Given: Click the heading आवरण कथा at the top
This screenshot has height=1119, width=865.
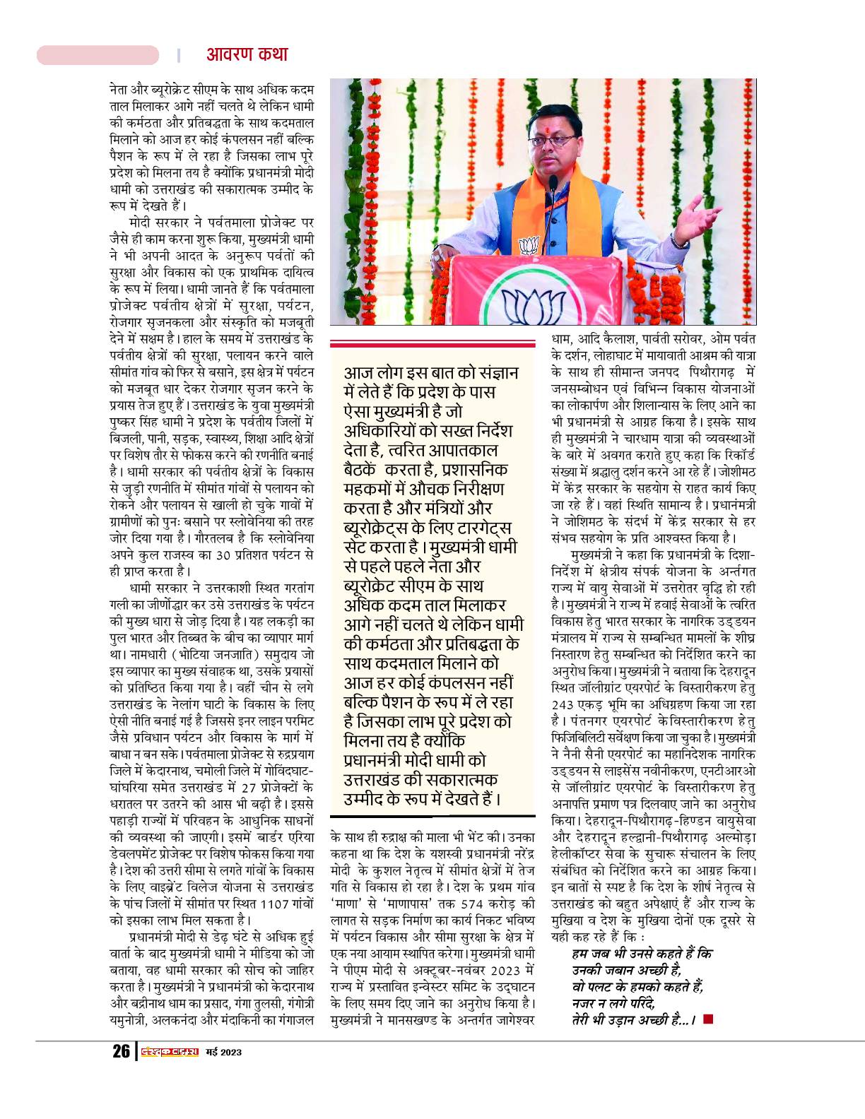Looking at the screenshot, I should tap(247, 54).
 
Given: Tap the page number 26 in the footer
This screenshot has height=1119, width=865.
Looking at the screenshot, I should tap(120, 1051).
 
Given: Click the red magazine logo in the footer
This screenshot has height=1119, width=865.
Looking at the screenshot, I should tap(168, 1052).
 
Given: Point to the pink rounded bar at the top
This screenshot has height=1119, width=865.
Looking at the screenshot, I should tap(98, 55).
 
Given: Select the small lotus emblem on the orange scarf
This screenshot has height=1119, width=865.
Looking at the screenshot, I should tap(529, 247).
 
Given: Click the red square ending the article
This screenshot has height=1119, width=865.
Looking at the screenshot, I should tap(708, 1019).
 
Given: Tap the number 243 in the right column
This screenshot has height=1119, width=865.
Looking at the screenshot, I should tap(567, 704).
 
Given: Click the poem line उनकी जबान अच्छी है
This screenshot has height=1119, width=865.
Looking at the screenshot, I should tap(626, 970).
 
